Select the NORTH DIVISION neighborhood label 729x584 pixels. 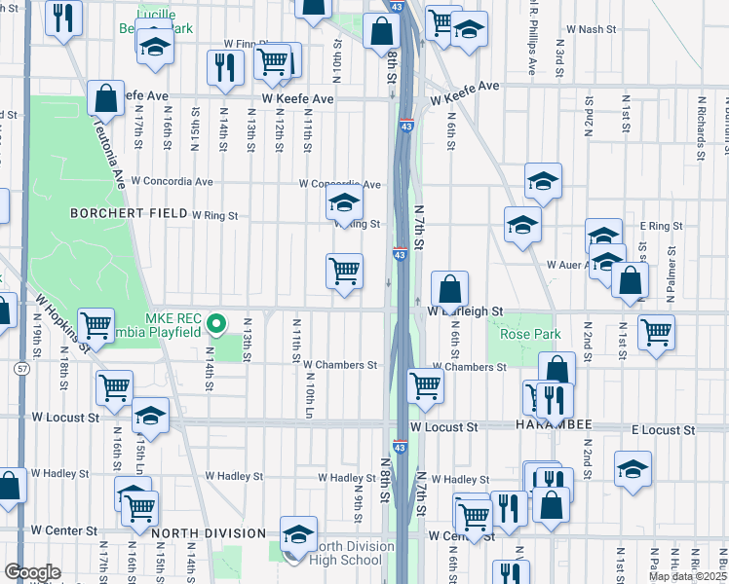(x=209, y=533)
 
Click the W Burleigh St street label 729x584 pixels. (x=465, y=311)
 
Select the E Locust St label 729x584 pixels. (x=663, y=429)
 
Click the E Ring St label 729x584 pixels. (x=660, y=226)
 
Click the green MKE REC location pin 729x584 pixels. (x=220, y=321)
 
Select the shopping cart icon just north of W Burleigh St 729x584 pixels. (x=344, y=272)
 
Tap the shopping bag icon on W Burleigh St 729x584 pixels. (x=449, y=290)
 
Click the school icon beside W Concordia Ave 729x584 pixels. (x=343, y=204)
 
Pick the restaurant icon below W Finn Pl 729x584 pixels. (x=223, y=67)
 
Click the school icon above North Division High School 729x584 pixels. (x=298, y=532)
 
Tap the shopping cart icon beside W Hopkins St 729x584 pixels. (x=96, y=326)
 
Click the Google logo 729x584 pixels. (x=32, y=572)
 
